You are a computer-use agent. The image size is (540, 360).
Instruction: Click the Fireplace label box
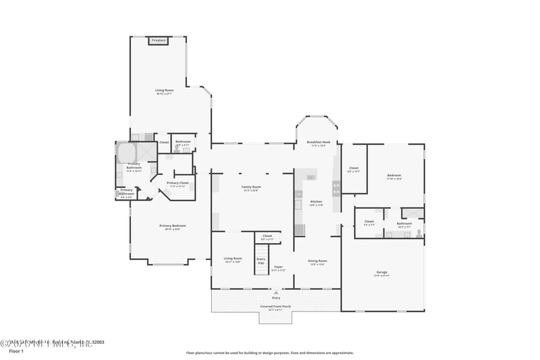158,41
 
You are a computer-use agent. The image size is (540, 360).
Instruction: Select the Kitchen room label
316,203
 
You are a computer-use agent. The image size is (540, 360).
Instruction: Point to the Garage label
382,274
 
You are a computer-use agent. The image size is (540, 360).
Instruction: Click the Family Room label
251,188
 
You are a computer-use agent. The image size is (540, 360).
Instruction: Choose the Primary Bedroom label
172,227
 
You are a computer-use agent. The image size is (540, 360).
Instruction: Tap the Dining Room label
317,262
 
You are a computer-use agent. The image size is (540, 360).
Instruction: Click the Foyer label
278,268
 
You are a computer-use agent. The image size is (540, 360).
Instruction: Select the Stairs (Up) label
261,261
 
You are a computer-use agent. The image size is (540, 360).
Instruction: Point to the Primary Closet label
178,184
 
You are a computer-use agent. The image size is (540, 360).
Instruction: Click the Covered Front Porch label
276,307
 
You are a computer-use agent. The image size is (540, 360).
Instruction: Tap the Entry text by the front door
276,297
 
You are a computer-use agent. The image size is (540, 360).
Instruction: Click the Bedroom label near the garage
394,177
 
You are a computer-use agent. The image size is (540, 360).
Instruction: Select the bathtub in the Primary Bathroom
128,153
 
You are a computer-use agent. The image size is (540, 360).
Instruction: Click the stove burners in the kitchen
335,187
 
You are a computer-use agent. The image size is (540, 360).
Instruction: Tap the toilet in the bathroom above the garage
418,233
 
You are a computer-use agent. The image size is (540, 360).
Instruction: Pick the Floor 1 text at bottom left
16,352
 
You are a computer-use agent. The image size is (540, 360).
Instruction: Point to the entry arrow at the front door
276,292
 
